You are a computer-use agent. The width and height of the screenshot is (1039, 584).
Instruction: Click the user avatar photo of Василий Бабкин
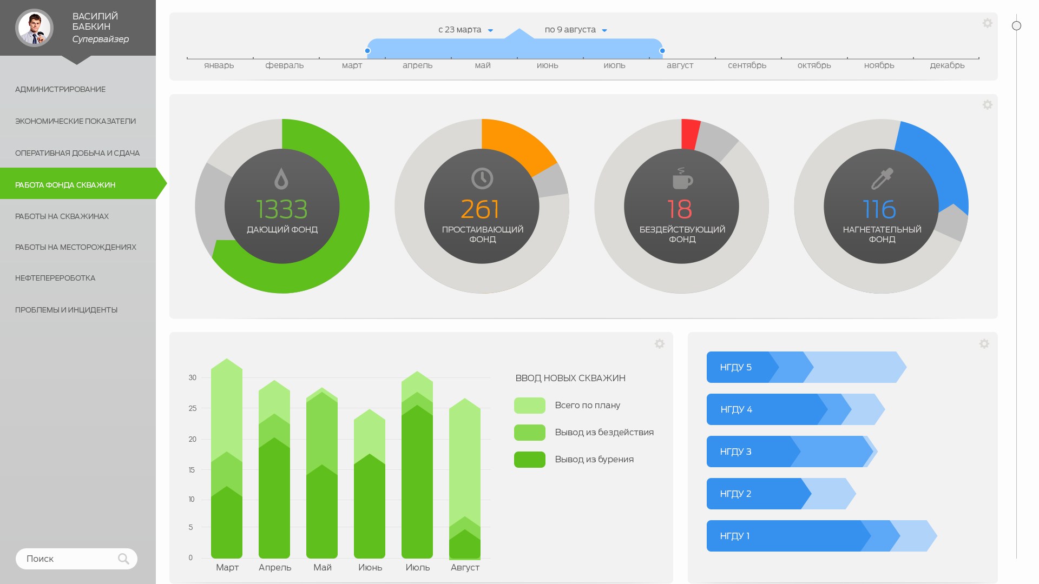point(34,28)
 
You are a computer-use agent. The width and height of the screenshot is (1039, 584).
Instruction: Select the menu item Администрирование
point(60,89)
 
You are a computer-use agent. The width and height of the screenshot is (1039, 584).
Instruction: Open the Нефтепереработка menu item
point(55,278)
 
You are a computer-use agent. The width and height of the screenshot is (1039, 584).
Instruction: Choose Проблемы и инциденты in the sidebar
point(66,310)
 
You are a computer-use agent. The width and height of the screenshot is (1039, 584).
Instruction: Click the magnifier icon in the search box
point(123,559)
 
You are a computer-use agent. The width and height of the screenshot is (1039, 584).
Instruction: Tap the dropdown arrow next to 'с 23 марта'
point(490,30)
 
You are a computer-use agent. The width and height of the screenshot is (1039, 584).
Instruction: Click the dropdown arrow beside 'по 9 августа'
point(604,30)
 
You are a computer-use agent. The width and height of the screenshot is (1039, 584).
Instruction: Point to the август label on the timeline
point(680,65)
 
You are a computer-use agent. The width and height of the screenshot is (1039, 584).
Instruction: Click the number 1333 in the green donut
point(281,209)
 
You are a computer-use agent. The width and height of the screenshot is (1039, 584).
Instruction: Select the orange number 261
point(480,209)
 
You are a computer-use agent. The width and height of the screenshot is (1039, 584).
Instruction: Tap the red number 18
point(680,209)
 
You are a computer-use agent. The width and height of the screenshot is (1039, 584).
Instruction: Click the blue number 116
point(879,209)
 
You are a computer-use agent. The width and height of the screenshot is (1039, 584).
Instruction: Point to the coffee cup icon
point(682,178)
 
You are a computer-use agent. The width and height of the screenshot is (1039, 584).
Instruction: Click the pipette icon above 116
point(882,178)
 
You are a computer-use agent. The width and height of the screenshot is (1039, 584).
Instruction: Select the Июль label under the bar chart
point(417,567)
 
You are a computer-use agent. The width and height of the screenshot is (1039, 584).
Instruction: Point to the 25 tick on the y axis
point(193,408)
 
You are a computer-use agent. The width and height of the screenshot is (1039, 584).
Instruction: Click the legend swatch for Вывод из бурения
point(529,460)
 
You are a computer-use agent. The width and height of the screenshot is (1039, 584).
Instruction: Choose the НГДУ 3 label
point(735,452)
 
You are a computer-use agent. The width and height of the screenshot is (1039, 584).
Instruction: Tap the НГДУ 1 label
point(734,536)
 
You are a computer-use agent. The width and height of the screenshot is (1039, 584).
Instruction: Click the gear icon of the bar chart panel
point(659,344)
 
